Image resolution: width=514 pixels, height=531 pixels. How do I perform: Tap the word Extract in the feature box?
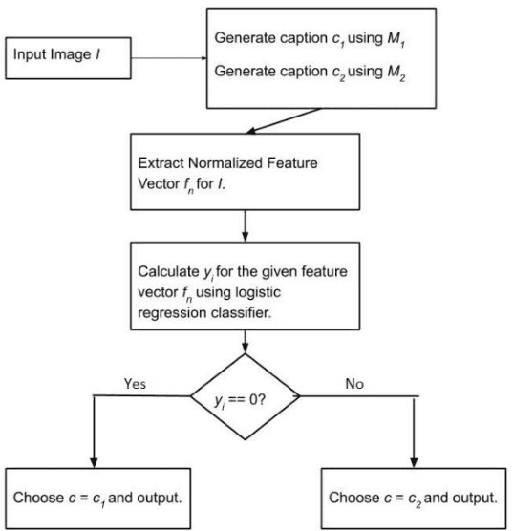click(162, 161)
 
